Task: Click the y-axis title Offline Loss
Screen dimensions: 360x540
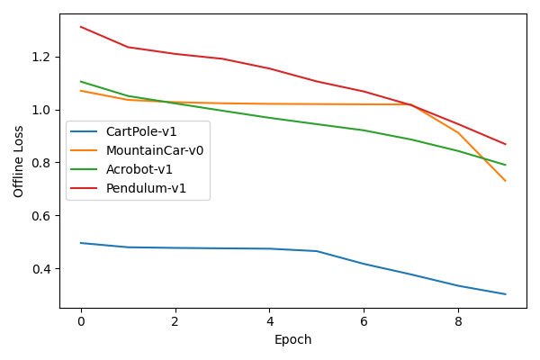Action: tap(19, 161)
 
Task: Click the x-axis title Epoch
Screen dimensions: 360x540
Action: tap(293, 340)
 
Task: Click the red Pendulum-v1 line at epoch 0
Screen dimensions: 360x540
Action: tap(81, 27)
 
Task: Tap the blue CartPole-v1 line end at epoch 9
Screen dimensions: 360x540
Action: tap(505, 294)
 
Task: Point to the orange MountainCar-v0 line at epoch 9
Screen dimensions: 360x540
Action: tap(505, 181)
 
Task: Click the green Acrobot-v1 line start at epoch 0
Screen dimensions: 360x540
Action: tap(81, 82)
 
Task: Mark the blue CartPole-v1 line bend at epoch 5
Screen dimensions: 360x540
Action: tap(317, 251)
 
